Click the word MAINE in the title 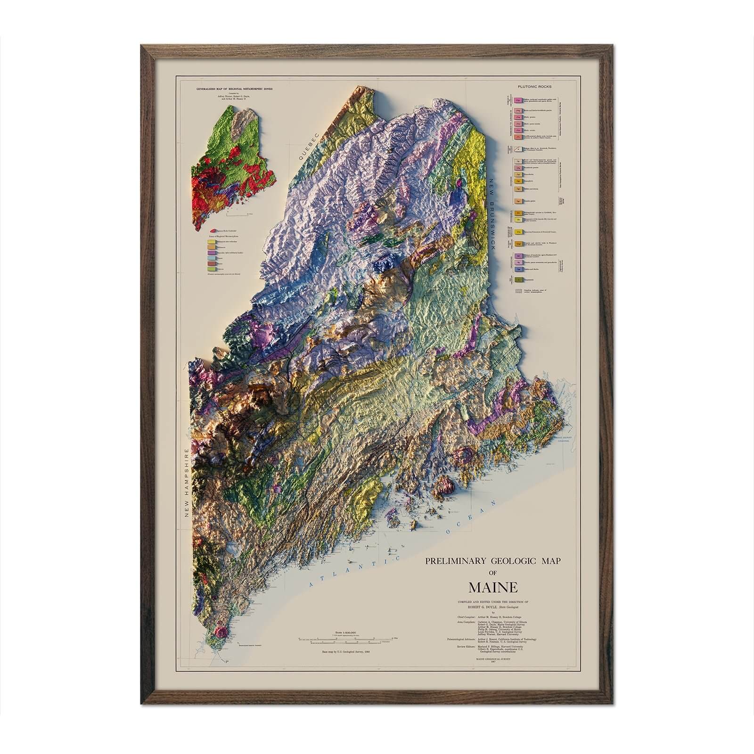coord(492,588)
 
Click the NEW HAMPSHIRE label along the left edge coord(187,483)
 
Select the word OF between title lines coord(492,574)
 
